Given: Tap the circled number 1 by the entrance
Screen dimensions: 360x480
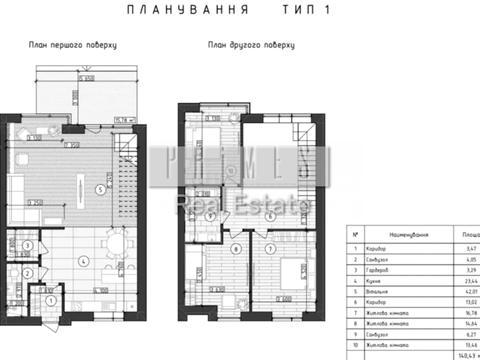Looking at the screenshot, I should (x=48, y=298).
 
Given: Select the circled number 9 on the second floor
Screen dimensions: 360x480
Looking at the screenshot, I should (x=211, y=216).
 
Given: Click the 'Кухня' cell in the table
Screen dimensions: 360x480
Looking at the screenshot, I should (x=377, y=282).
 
